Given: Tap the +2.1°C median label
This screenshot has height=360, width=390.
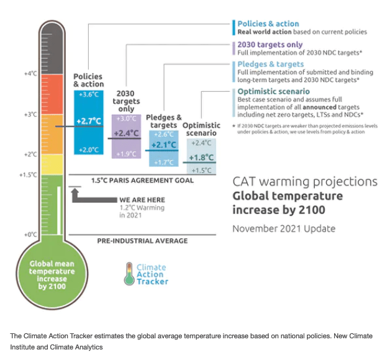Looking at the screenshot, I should pos(163,145).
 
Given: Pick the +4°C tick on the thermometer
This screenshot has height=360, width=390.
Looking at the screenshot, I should pos(31,73).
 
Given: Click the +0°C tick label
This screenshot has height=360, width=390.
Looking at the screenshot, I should pos(31,235).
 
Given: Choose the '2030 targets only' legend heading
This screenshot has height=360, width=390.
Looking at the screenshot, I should pos(270,44).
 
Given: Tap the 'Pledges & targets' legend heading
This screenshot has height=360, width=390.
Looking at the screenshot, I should pos(271,64).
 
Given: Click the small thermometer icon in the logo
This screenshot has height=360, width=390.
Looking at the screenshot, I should pos(129,273).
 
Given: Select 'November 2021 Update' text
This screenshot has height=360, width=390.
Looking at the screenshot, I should pos(284,228).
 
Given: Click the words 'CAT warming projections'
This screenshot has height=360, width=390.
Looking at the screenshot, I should pos(304,181).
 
